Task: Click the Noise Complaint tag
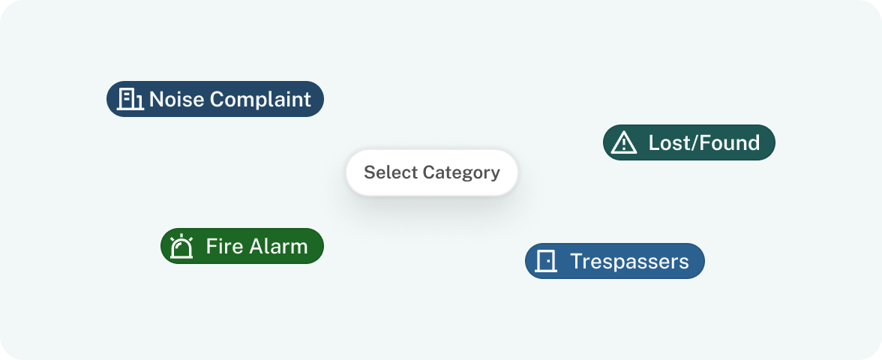pyautogui.click(x=214, y=99)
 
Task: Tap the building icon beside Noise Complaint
pyautogui.click(x=130, y=99)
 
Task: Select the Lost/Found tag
pyautogui.click(x=689, y=142)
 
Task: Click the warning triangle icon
pyautogui.click(x=624, y=142)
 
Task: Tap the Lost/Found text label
pyautogui.click(x=703, y=142)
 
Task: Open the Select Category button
pyautogui.click(x=431, y=172)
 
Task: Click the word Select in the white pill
pyautogui.click(x=391, y=172)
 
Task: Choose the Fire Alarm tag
pyautogui.click(x=241, y=246)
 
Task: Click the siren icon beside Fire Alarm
pyautogui.click(x=181, y=246)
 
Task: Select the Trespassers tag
pyautogui.click(x=615, y=261)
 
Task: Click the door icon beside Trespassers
pyautogui.click(x=546, y=261)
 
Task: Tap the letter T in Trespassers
pyautogui.click(x=577, y=261)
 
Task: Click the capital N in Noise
pyautogui.click(x=156, y=100)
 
